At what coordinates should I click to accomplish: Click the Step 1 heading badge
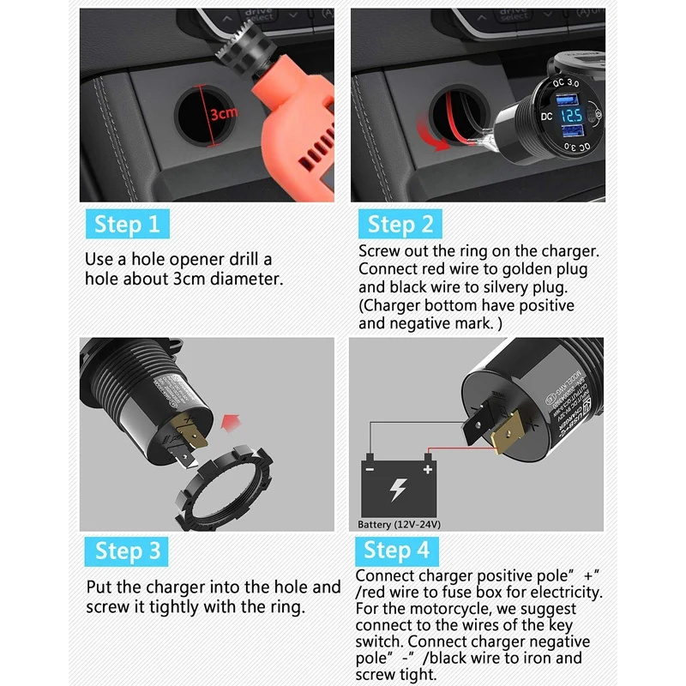click(127, 225)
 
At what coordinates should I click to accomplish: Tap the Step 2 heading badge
click(400, 225)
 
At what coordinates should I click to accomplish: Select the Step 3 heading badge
click(127, 551)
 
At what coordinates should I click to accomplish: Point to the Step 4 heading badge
click(396, 550)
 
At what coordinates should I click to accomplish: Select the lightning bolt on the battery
click(399, 491)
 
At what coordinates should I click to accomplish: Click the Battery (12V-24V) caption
click(400, 524)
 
